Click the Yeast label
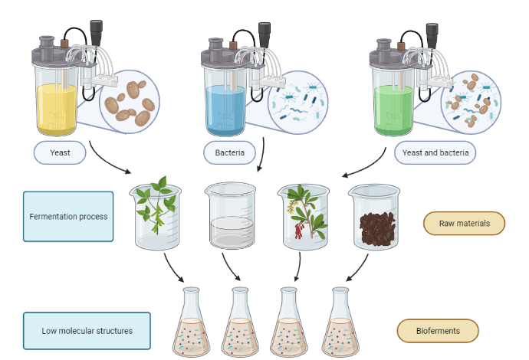(61, 152)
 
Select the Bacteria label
(229, 152)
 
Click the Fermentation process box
(68, 216)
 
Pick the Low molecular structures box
(86, 331)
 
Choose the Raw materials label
(465, 223)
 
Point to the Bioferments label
(438, 330)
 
